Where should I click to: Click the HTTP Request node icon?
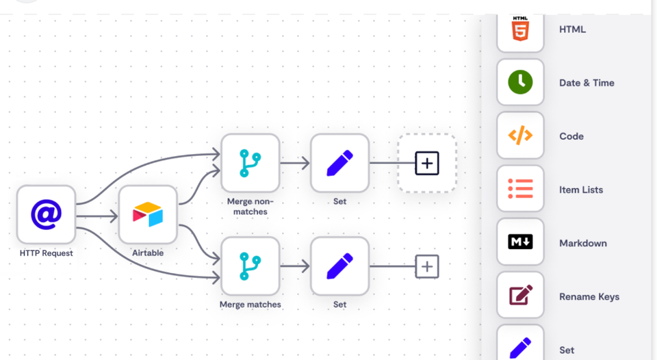(x=46, y=214)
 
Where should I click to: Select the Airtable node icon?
(x=148, y=214)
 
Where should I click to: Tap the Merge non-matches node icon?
(x=250, y=163)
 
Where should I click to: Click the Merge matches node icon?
(x=250, y=266)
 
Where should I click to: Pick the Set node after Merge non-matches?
(x=339, y=163)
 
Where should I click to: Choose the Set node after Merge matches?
(x=339, y=266)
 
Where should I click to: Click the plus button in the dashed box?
(x=427, y=163)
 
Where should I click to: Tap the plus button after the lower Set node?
(x=427, y=266)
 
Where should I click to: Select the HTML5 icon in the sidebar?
(x=520, y=30)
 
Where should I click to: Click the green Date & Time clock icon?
(x=520, y=82)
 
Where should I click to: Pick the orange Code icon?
(x=520, y=136)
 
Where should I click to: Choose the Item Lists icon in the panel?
(x=520, y=189)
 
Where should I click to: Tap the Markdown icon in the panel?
(x=520, y=242)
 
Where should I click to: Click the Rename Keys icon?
(x=520, y=296)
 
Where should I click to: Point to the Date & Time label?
(x=587, y=83)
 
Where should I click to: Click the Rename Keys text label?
(x=589, y=297)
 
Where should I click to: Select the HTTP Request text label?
(x=46, y=253)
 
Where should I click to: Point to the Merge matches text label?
(x=250, y=305)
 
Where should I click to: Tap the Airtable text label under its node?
(x=148, y=253)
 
